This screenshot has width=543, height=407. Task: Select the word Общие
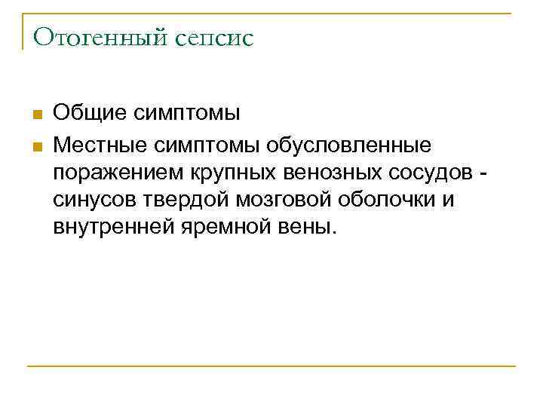point(90,115)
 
